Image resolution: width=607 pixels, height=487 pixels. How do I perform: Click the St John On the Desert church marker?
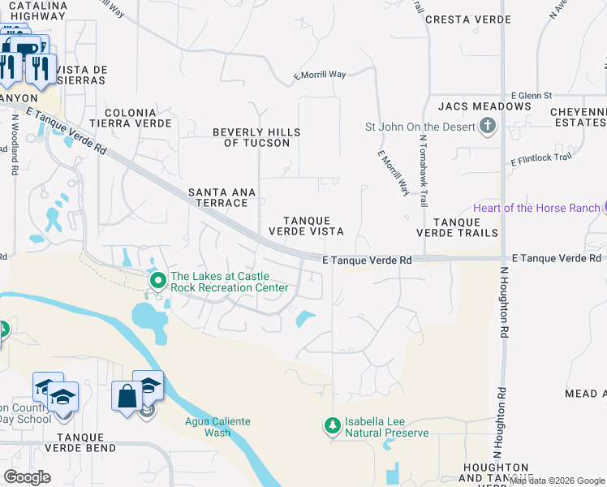click(487, 126)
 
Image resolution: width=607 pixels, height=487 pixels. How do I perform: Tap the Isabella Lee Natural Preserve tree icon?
click(331, 425)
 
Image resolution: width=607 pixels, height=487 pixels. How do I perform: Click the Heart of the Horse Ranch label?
click(537, 208)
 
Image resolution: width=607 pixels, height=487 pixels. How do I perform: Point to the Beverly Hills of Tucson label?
click(256, 137)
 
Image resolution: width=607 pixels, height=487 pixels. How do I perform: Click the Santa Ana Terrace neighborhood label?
click(222, 197)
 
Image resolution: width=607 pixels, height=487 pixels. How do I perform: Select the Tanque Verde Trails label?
click(457, 227)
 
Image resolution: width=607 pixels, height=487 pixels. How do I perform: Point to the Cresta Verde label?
click(467, 19)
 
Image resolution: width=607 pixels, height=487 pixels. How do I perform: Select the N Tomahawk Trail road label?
click(423, 170)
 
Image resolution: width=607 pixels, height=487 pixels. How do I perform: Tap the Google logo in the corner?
click(27, 477)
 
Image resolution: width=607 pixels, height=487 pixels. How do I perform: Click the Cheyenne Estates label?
click(577, 116)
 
